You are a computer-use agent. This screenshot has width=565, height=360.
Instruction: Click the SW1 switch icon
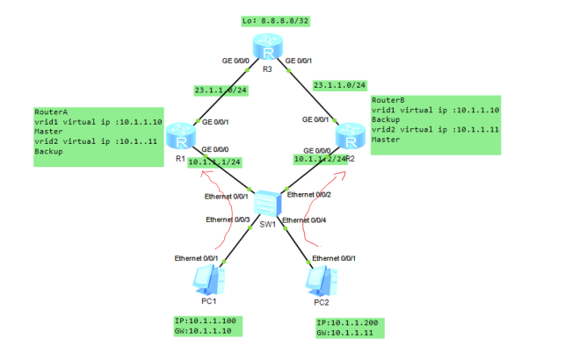click(x=267, y=203)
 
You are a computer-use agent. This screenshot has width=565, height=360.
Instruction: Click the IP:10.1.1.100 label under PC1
click(x=206, y=320)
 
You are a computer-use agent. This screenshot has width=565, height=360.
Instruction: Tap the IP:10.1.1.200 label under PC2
click(x=351, y=323)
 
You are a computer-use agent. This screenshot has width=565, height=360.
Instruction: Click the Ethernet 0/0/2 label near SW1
click(x=309, y=193)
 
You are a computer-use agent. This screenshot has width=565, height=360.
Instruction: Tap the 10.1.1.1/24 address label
click(x=214, y=162)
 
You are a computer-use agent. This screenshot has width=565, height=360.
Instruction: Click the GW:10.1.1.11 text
click(x=351, y=335)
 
